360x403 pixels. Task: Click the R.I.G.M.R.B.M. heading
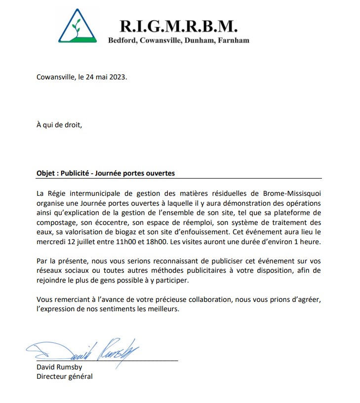click(179, 25)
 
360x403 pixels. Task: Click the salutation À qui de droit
click(59, 124)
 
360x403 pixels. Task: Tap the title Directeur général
click(64, 376)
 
